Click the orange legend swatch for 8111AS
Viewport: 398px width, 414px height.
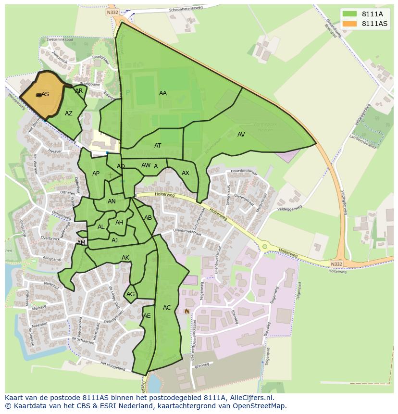(349, 24)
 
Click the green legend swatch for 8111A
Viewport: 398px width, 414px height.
(349, 14)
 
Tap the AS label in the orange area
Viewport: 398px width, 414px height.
(45, 94)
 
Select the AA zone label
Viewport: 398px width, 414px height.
(163, 93)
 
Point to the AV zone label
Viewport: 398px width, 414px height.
(241, 135)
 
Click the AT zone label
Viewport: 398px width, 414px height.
(158, 146)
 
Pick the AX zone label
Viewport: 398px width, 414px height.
(186, 173)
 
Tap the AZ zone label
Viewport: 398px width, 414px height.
(69, 113)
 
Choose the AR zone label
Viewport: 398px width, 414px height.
(79, 91)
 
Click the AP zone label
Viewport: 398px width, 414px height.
(96, 174)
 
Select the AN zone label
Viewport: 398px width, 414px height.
(112, 201)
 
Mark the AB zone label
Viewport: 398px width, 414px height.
(148, 218)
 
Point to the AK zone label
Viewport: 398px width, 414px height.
(125, 258)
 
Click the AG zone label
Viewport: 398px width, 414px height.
(130, 294)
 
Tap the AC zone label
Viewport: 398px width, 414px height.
(167, 308)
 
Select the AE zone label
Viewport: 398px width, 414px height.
(147, 316)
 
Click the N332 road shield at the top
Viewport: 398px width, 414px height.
(112, 13)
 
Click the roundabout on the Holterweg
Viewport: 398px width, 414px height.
(264, 247)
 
